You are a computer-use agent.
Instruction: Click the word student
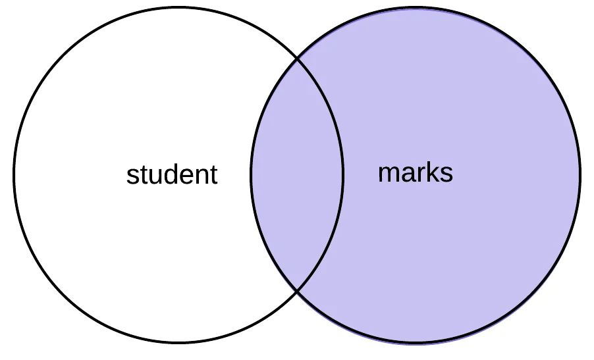172,175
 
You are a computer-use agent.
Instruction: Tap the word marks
416,172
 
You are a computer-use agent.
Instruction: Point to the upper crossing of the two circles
297,59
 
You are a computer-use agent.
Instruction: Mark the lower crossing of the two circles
297,290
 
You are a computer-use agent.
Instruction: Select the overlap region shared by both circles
297,174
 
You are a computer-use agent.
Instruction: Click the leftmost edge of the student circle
14,174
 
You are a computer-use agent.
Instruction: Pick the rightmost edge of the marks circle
580,174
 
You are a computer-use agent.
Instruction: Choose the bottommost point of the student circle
178,342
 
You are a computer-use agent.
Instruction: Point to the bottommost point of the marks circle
416,342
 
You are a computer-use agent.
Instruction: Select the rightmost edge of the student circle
343,174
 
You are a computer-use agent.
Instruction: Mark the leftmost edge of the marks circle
251,174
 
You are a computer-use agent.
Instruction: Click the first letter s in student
132,176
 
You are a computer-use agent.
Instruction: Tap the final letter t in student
213,175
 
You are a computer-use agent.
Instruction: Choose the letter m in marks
388,174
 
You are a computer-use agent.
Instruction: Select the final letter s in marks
447,174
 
